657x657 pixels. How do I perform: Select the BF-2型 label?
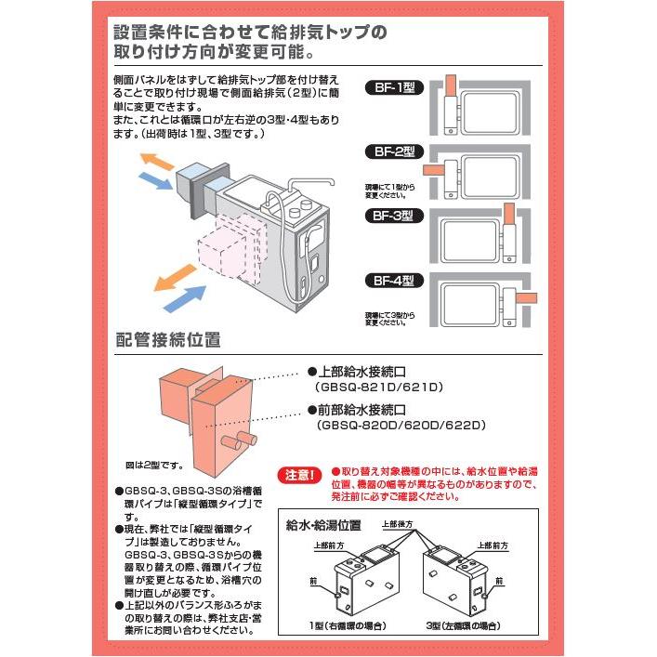point(394,151)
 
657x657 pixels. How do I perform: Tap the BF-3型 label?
point(394,215)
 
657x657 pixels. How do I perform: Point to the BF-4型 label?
point(394,279)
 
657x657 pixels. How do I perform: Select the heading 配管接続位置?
point(167,339)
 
